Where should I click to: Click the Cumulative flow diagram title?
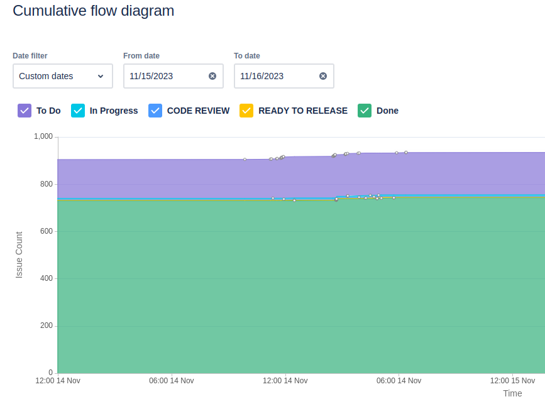tap(93, 11)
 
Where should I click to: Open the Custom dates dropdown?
tap(62, 76)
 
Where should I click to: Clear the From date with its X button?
tap(212, 76)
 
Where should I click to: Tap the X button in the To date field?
tap(323, 76)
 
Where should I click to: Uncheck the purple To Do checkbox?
tap(25, 111)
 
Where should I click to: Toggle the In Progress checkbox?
tap(78, 111)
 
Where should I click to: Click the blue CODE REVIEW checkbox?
tap(155, 111)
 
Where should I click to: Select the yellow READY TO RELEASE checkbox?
tap(247, 111)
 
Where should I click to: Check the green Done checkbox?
tap(365, 111)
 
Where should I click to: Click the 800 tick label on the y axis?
tap(47, 184)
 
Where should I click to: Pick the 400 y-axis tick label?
tap(47, 278)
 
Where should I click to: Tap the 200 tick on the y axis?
tap(47, 326)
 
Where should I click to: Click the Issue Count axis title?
tap(19, 255)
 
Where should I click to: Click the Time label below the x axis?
tap(512, 393)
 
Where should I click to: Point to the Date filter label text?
tap(30, 56)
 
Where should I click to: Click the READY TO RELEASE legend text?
tap(303, 111)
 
